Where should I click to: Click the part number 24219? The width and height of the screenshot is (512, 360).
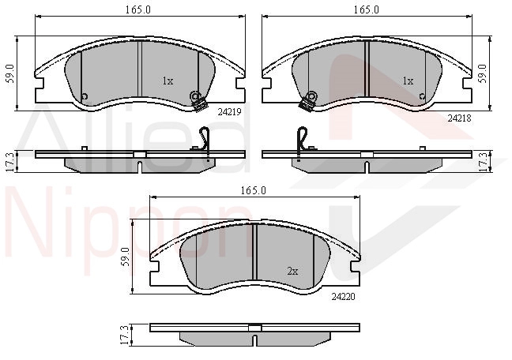(230, 112)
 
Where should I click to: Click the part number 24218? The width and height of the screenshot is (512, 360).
(459, 118)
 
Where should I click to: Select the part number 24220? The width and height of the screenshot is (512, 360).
(343, 297)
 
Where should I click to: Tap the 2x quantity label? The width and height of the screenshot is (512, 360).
(292, 272)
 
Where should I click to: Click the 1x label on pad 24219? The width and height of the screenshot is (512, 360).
(168, 81)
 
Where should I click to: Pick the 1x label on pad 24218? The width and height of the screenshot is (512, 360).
(408, 81)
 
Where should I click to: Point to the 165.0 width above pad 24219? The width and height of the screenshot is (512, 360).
(138, 9)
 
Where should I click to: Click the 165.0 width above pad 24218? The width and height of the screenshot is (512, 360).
(367, 9)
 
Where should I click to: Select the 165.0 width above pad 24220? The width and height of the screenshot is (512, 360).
(254, 190)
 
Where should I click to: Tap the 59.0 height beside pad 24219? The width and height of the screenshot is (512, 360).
(11, 73)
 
